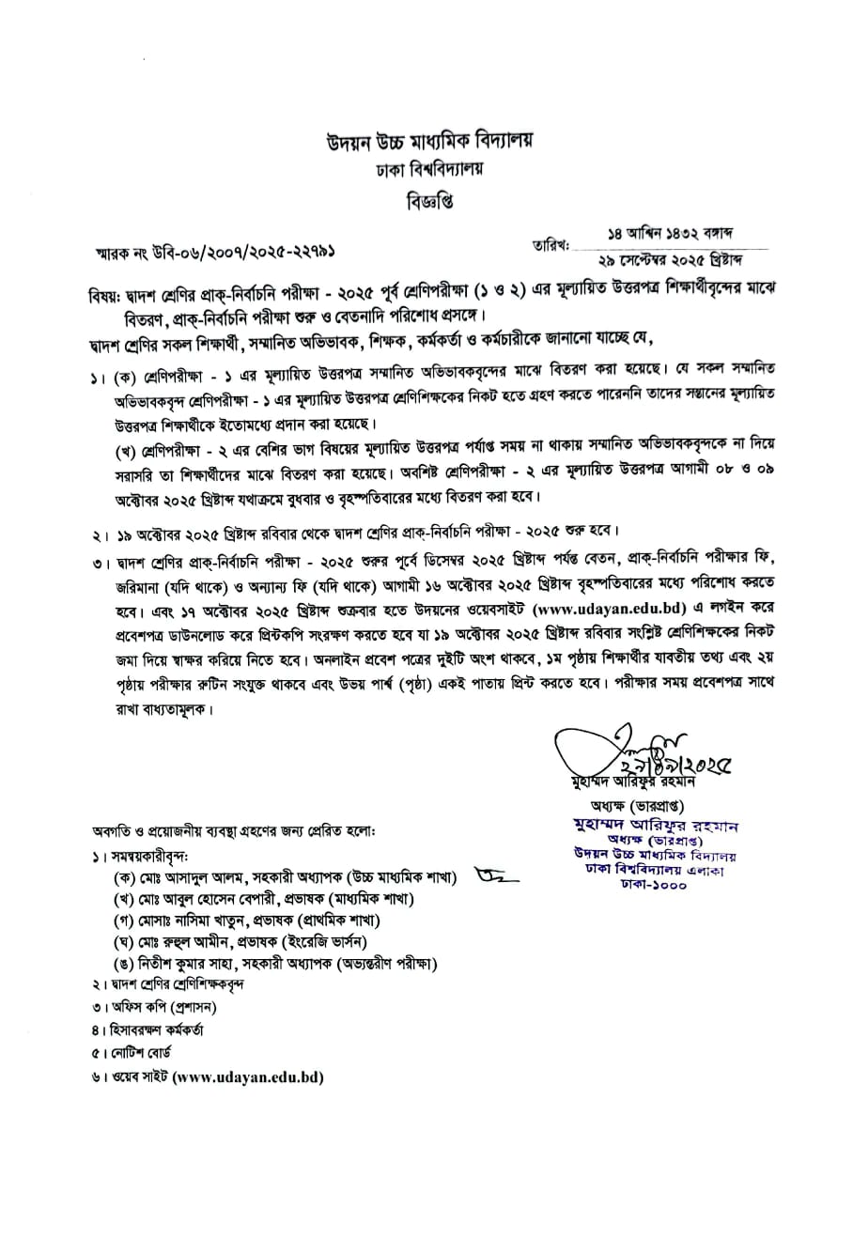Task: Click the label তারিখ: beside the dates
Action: pos(551,245)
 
